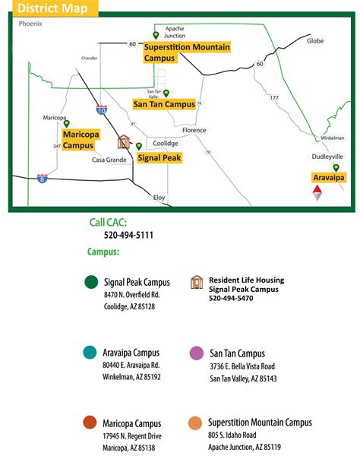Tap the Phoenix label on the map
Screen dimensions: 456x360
(x=31, y=24)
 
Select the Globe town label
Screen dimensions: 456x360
(x=314, y=41)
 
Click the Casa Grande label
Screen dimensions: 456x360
(x=109, y=160)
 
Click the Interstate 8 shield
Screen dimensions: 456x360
(x=42, y=179)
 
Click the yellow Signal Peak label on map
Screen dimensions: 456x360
(x=158, y=158)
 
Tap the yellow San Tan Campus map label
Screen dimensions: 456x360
(x=163, y=104)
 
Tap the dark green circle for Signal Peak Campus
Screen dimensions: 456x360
(x=91, y=282)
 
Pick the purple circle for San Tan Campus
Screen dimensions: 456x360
(x=197, y=353)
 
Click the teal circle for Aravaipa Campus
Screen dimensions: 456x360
(x=90, y=353)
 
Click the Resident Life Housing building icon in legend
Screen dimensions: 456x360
(x=197, y=283)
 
